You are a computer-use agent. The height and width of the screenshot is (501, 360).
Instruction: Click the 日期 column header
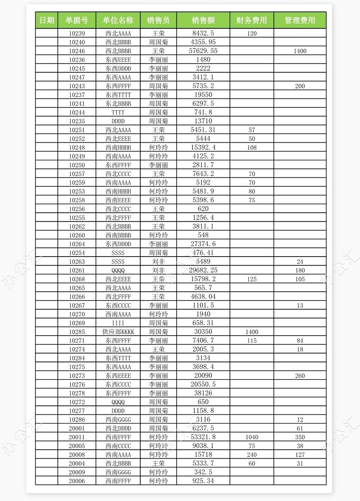[46, 20]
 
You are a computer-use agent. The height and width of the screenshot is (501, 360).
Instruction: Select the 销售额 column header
[203, 20]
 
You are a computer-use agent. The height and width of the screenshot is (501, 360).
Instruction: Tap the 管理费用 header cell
[300, 20]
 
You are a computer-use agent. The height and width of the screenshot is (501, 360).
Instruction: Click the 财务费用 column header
[252, 20]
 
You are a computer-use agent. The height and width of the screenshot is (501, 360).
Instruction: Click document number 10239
[77, 33]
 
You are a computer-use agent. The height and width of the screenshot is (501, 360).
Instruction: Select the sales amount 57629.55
[203, 51]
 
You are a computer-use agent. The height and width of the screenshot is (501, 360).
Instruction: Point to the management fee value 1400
[300, 51]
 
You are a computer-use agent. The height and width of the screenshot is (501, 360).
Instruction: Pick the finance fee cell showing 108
[252, 147]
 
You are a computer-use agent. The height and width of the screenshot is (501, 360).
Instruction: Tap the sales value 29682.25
[203, 270]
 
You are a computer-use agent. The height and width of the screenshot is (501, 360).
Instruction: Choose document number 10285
[77, 331]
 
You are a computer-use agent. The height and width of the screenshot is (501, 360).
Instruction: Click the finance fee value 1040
[252, 437]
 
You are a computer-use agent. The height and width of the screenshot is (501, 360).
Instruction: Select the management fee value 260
[300, 375]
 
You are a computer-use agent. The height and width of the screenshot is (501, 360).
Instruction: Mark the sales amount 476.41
[203, 253]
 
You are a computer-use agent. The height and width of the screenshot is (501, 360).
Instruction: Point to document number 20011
[77, 437]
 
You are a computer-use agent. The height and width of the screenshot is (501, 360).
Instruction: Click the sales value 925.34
[203, 481]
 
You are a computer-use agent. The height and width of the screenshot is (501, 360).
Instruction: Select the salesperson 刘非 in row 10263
[158, 262]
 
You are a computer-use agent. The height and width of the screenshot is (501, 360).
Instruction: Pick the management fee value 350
[300, 437]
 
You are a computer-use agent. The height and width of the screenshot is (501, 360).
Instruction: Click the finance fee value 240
[252, 455]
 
